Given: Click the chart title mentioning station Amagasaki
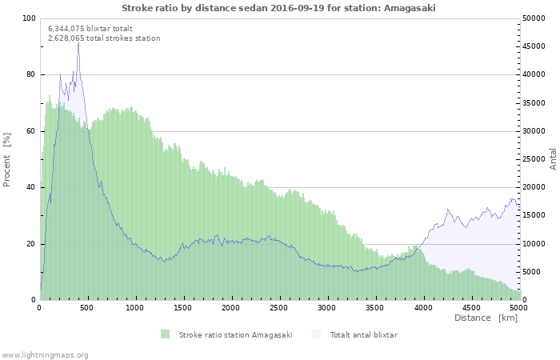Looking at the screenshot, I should click(x=279, y=8).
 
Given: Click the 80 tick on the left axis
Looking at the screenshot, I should click(x=30, y=74).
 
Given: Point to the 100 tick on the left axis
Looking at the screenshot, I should click(x=29, y=18).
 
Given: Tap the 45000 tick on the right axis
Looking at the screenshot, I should click(x=536, y=46).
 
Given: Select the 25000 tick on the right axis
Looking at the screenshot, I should click(x=536, y=159).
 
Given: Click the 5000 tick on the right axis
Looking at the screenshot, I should click(x=534, y=272).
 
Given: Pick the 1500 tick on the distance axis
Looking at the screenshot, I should click(x=183, y=307).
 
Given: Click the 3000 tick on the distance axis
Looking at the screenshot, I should click(x=326, y=307).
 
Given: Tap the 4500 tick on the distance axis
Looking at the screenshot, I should click(x=470, y=307).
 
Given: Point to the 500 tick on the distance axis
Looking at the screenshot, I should click(x=87, y=307).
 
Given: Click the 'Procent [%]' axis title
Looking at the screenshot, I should click(x=7, y=159).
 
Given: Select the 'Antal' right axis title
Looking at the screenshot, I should click(x=553, y=158).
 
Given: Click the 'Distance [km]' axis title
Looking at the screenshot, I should click(x=486, y=318).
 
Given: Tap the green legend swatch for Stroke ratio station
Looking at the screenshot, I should click(x=166, y=334).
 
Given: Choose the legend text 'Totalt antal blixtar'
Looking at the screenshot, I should click(x=363, y=334).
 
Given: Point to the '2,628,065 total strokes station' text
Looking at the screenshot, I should click(x=104, y=38).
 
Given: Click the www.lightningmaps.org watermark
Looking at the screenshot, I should click(x=45, y=354).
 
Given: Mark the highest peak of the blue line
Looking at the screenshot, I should click(x=78, y=42).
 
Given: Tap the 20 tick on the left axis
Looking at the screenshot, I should click(x=30, y=244).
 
